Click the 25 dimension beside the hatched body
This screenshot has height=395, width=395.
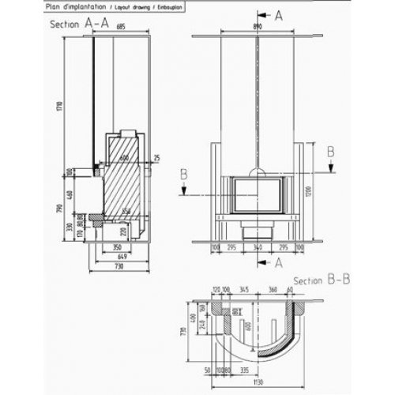(x=157, y=159)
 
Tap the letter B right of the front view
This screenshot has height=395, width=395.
(x=331, y=149)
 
